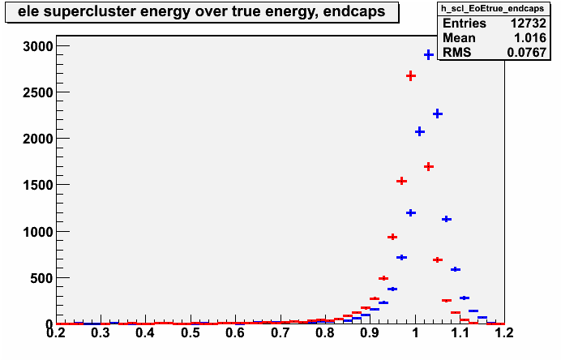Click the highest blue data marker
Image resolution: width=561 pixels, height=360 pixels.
point(429,55)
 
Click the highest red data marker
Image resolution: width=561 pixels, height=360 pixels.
point(411,76)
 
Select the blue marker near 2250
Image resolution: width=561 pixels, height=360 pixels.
point(438,114)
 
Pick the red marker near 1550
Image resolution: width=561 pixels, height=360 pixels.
point(402,181)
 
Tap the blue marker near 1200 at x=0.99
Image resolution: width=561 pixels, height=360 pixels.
point(411,213)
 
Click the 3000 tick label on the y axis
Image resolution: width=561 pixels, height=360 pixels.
point(37,46)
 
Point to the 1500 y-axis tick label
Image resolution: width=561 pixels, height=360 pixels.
point(37,186)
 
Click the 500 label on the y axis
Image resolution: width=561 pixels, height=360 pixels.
point(41,278)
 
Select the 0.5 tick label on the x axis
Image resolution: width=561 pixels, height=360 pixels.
point(191,333)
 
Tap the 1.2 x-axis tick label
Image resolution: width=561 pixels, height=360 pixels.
point(504,333)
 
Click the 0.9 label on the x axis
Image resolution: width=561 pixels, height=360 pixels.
point(370,333)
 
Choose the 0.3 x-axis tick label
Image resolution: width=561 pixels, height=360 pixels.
point(101,333)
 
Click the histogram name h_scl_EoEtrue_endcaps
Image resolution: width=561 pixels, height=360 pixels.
point(494,8)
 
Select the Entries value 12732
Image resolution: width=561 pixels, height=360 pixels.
point(528,24)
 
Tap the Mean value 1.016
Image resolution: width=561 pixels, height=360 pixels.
point(530,38)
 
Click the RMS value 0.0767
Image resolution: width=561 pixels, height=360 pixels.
point(527,53)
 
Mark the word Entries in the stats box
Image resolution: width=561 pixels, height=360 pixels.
point(465,24)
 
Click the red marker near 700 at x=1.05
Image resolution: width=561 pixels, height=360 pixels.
point(438,259)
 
